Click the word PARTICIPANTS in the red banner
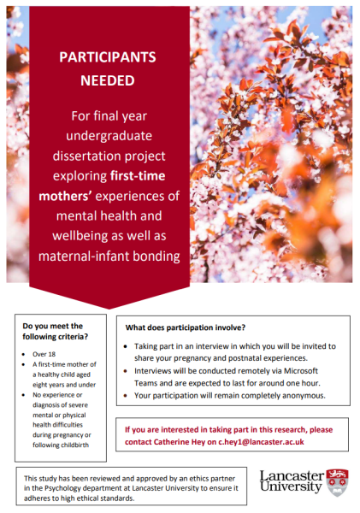(107, 58)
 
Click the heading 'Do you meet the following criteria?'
(53, 331)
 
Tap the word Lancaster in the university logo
(291, 475)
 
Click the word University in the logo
(291, 490)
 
